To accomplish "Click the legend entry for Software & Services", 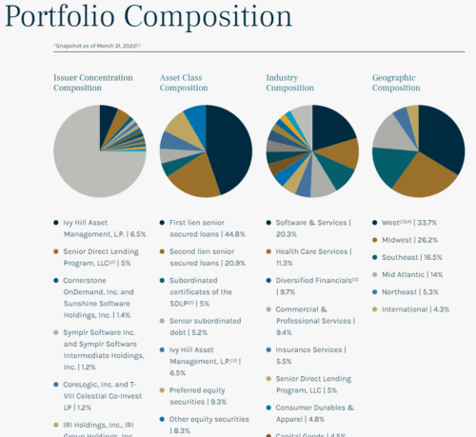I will (x=314, y=228).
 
